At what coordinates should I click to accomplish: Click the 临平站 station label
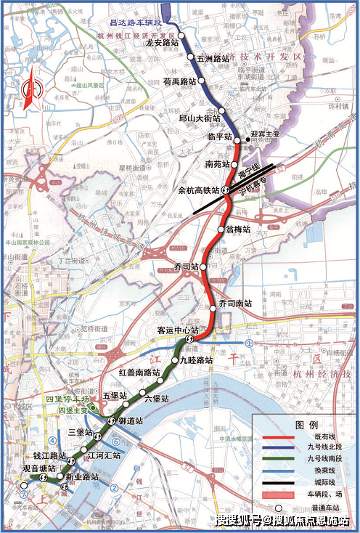[x=219, y=137]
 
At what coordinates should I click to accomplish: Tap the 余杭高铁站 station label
[x=200, y=191]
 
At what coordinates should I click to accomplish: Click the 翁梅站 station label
[x=238, y=229]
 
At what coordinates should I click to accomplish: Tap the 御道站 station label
[x=131, y=420]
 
